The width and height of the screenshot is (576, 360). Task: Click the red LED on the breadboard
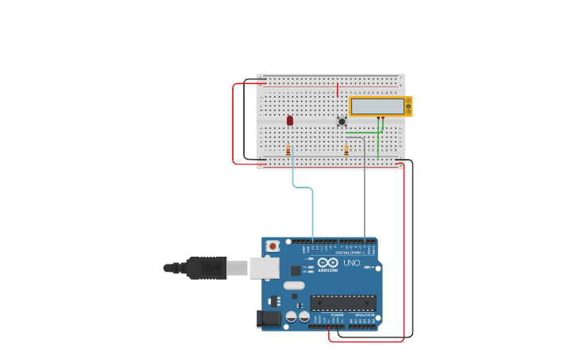(290, 120)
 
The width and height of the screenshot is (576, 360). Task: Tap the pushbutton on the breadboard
(342, 122)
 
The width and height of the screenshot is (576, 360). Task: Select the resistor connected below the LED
(288, 149)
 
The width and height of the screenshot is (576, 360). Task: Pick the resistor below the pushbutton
(346, 149)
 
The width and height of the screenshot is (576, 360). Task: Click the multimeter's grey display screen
(377, 106)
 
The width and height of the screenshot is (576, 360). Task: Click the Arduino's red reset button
(273, 246)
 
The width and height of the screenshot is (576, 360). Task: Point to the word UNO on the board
(351, 263)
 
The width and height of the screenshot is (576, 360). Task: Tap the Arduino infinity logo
(327, 262)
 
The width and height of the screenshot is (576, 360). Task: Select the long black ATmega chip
(342, 303)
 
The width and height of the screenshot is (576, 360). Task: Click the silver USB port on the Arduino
(264, 268)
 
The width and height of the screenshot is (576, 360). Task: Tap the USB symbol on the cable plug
(210, 268)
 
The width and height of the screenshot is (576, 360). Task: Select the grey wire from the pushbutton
(365, 191)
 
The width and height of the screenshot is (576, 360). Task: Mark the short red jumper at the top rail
(338, 89)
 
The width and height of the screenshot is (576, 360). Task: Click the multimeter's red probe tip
(383, 118)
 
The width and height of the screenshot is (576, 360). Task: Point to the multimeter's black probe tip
(378, 118)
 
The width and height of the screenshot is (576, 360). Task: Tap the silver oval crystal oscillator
(294, 285)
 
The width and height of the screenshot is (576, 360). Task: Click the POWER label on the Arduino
(337, 315)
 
